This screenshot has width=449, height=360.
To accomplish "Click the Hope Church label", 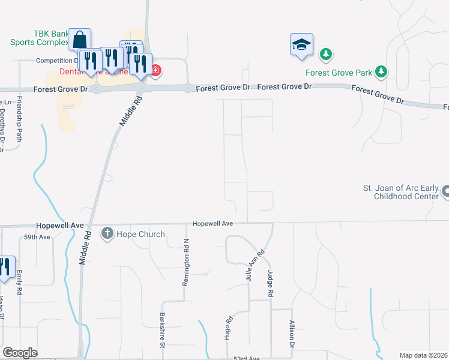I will [x=140, y=234].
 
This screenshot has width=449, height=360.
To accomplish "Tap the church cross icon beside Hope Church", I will [x=107, y=233].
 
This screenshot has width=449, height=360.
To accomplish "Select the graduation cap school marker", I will [x=301, y=44].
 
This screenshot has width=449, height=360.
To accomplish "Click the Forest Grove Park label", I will [x=339, y=73].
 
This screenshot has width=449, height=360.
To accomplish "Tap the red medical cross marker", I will [x=156, y=71].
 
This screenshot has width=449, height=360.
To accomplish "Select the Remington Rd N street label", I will [x=186, y=262].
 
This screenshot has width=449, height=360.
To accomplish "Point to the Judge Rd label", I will [x=270, y=283].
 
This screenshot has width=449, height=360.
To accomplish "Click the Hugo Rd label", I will [x=228, y=328].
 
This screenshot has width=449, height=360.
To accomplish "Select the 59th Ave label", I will [x=37, y=238].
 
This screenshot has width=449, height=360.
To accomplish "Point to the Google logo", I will [x=20, y=353].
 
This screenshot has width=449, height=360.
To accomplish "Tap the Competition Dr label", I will [x=58, y=61].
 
